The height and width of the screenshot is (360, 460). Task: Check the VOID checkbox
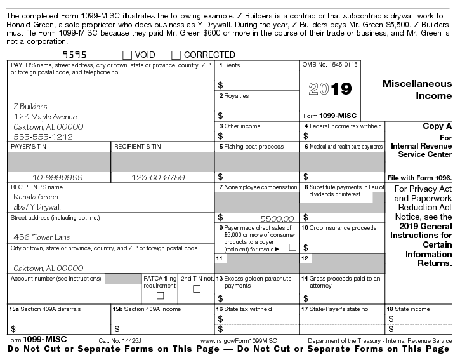coord(128,55)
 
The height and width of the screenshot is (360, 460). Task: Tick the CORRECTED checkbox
coord(176,55)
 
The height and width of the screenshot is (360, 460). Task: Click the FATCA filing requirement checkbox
coord(160,295)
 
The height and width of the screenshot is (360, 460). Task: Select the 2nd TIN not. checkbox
coord(196,290)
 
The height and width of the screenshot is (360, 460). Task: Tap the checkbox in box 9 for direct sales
coord(292,247)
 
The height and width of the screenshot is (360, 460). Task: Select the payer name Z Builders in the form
coord(30,106)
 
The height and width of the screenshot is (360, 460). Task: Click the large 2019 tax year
coord(329,89)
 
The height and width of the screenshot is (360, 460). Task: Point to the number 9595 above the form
coord(76,55)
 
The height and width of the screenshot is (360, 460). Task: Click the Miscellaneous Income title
coord(417,90)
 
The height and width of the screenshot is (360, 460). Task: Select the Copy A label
coord(437,126)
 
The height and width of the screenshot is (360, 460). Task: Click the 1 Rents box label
coord(229,65)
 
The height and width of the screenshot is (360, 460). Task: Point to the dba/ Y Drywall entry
coord(37,206)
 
